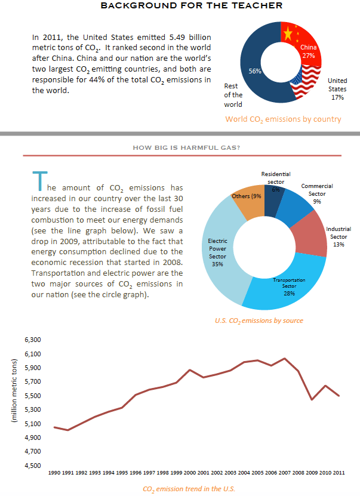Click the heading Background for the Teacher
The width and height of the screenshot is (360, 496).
[183, 6]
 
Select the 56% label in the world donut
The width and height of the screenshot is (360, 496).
[254, 71]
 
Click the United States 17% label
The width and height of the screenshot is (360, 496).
[337, 88]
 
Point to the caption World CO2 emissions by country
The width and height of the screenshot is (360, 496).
[283, 119]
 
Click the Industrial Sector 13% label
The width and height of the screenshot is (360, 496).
[338, 236]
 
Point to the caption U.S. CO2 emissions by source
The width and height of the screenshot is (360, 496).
[259, 321]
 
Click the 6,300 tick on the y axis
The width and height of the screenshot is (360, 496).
[32, 340]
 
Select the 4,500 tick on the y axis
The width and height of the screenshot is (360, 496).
[32, 466]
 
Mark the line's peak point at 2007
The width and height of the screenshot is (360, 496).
[284, 358]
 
